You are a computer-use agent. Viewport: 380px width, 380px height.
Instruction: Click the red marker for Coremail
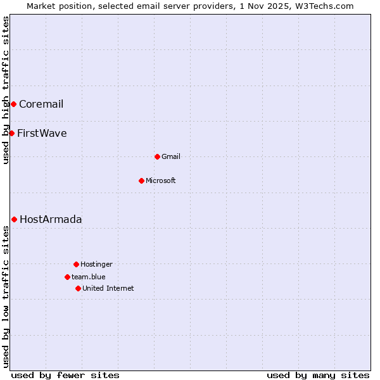click(13, 104)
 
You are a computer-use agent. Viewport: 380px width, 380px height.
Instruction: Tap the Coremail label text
click(41, 104)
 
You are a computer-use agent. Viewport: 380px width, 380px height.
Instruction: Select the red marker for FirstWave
click(11, 133)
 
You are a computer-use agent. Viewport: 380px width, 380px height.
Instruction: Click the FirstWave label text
click(42, 134)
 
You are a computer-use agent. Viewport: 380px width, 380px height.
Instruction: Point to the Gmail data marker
click(157, 156)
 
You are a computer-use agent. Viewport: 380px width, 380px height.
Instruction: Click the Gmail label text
click(171, 157)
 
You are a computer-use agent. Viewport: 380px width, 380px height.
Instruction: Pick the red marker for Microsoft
click(141, 180)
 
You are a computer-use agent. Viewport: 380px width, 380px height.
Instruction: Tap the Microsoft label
click(161, 181)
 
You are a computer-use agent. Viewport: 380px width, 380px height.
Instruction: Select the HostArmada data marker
click(14, 219)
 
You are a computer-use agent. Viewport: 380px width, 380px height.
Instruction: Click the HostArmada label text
click(51, 220)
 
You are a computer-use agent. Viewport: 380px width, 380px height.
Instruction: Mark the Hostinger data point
click(76, 264)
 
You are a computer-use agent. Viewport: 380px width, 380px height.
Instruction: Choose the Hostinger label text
click(96, 265)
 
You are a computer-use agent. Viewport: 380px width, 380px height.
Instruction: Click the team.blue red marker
click(67, 277)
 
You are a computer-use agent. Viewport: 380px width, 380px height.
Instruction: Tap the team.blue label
click(89, 277)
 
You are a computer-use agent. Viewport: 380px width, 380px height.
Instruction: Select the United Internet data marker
click(78, 288)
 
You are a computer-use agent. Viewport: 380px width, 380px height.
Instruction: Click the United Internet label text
click(108, 289)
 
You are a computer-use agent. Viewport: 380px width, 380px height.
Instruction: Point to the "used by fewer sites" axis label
click(65, 375)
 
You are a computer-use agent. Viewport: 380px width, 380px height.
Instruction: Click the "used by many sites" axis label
click(318, 375)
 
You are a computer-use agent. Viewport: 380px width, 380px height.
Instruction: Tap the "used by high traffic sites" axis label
click(6, 90)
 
